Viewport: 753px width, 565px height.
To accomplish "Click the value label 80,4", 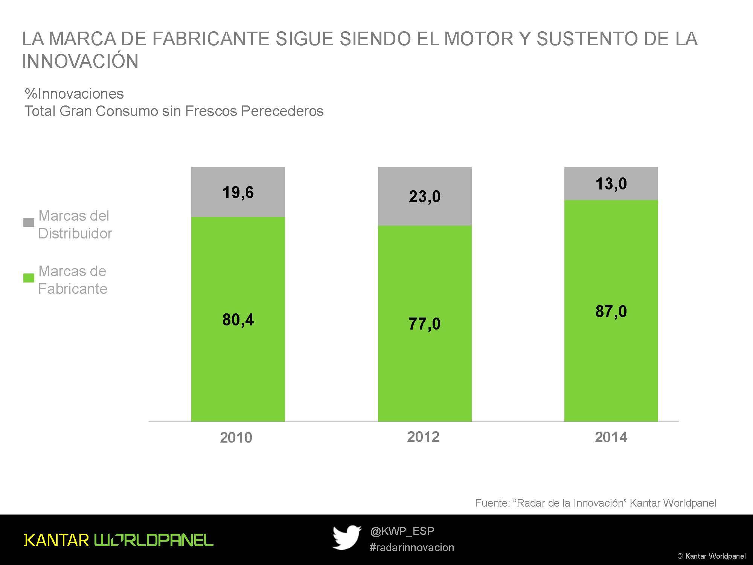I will (238, 320).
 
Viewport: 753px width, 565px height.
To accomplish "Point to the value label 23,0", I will (424, 197).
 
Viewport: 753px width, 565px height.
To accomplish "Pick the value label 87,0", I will (611, 312).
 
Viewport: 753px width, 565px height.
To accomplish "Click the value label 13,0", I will (611, 184).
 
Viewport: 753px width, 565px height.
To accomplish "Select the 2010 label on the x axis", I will (236, 437).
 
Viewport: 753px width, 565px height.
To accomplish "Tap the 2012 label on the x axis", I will (423, 437).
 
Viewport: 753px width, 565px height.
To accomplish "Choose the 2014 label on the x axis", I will (611, 437).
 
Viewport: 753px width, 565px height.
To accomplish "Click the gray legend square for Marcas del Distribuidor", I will (29, 223).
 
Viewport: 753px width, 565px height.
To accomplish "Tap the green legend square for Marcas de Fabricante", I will (29, 278).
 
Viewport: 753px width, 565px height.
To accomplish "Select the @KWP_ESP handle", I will (402, 531).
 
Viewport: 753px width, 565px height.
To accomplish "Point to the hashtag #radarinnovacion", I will (412, 547).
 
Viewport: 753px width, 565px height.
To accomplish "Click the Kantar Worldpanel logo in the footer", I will (119, 540).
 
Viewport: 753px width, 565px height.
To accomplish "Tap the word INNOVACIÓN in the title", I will (80, 61).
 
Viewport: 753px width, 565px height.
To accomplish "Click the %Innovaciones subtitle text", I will (74, 94).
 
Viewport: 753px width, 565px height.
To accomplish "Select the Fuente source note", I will (595, 503).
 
